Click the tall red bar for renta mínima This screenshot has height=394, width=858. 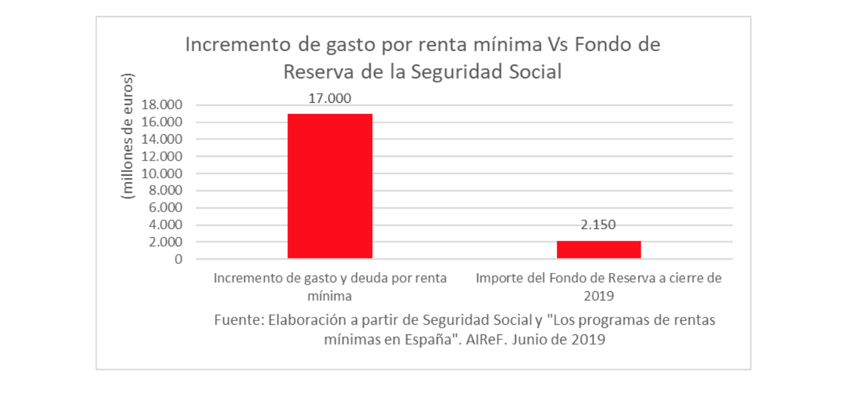pos(330,186)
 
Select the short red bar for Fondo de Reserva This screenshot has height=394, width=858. pos(599,250)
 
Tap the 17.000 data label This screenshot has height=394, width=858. pos(330,98)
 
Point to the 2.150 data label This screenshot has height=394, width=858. pos(598,225)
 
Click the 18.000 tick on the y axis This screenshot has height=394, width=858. pos(161,105)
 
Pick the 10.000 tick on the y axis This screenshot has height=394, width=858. pos(161,174)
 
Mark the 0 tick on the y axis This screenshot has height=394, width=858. pos(177,260)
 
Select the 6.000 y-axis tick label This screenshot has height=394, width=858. pos(164,208)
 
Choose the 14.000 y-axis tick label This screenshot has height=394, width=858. pos(161,139)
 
